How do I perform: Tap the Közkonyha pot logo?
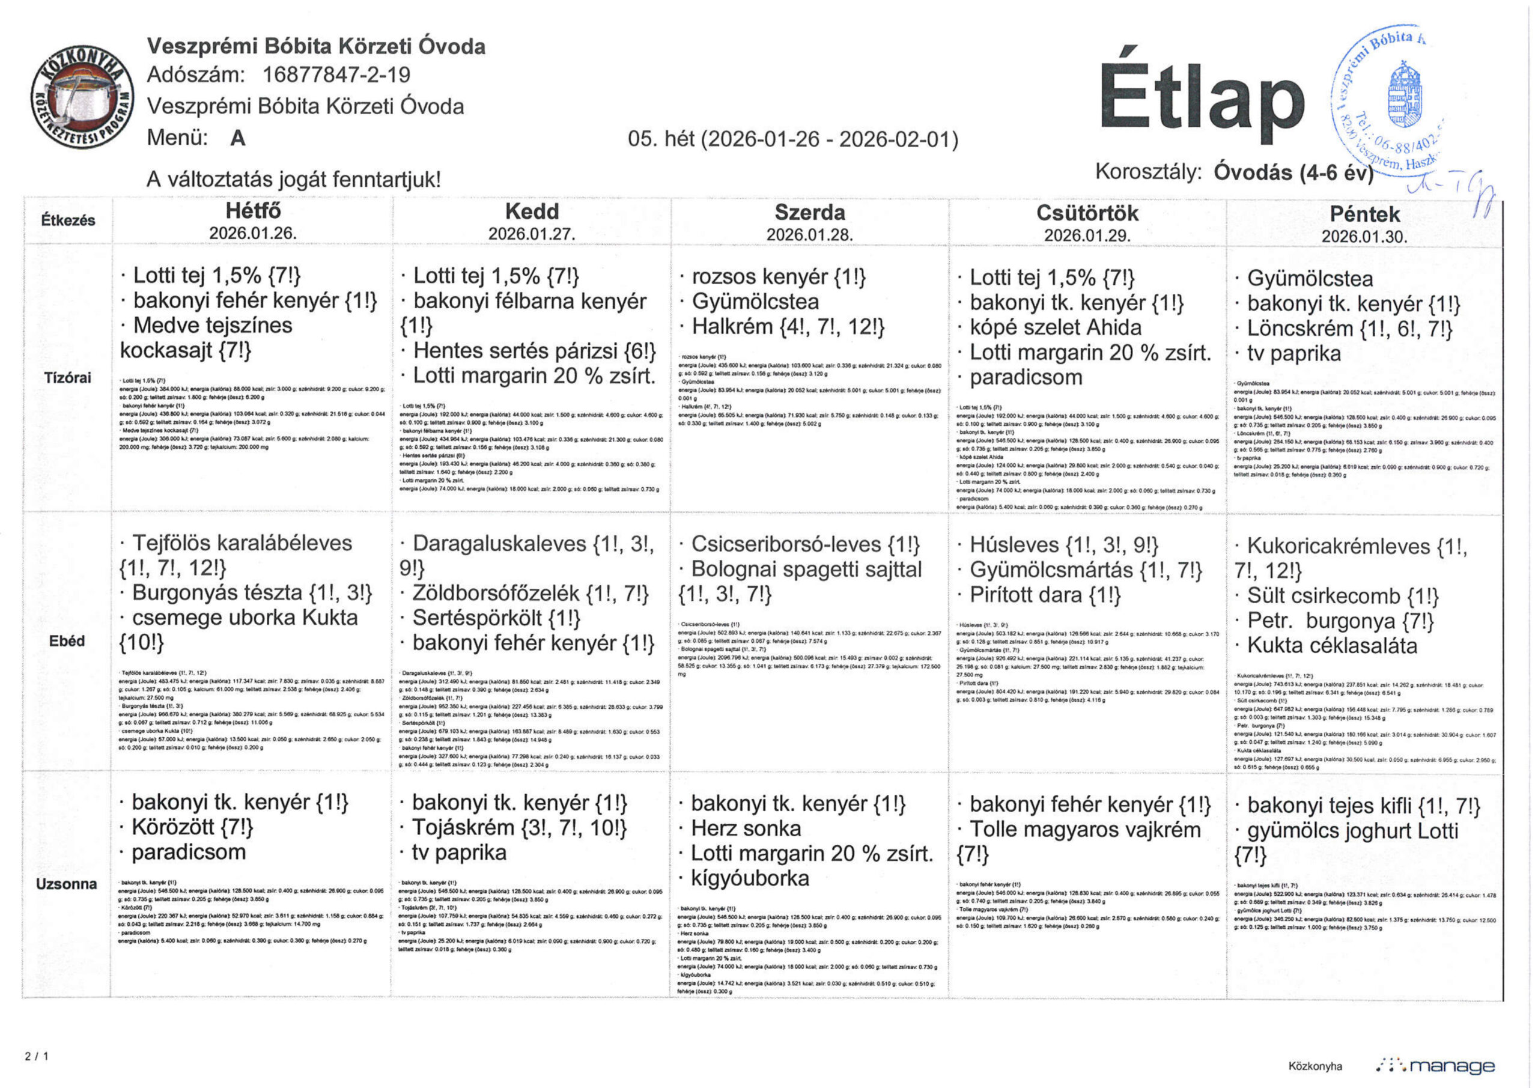[82, 96]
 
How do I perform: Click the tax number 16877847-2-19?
[336, 74]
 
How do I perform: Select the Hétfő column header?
[252, 211]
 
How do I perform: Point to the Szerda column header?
[809, 213]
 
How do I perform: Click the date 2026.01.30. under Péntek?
[1364, 237]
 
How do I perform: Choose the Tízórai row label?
[68, 378]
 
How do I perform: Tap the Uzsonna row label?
[66, 884]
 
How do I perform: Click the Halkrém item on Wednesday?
[788, 327]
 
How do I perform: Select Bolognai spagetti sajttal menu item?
[806, 570]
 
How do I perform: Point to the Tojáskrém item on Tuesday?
[519, 827]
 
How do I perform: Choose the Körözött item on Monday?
[192, 827]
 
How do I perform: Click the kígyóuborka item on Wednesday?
[750, 878]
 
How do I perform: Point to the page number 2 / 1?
[37, 1057]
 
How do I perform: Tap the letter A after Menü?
[238, 138]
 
